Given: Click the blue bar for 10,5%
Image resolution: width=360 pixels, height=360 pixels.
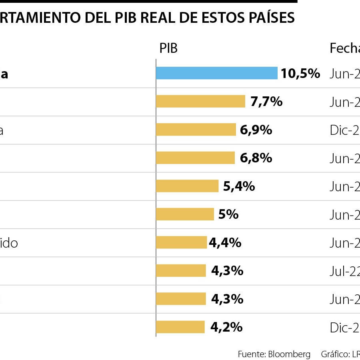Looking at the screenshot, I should tap(216, 73).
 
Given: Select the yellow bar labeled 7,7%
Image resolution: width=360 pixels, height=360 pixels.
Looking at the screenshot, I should tap(200, 102).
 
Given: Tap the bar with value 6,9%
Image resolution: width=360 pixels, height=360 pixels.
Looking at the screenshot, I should tap(196, 130).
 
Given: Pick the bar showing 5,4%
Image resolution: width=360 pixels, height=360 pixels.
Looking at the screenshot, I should tap(187, 186).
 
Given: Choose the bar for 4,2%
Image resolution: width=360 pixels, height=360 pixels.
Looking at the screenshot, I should tap(180, 327).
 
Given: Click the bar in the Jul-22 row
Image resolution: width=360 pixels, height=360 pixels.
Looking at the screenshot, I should tap(181, 271).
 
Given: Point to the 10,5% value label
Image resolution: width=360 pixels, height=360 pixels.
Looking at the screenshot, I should tap(300, 73).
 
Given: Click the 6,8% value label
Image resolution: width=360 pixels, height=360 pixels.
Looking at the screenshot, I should tap(256, 158).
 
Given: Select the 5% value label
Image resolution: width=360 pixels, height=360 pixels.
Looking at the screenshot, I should tap(228, 214).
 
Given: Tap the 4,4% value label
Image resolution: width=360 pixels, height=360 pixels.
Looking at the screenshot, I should tap(225, 242).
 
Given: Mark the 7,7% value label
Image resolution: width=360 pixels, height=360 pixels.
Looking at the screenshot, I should tap(266, 102).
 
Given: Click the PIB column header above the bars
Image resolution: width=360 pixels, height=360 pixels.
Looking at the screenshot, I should tap(168, 48).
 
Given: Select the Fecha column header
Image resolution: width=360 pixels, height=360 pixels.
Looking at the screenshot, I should tap(344, 48).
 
